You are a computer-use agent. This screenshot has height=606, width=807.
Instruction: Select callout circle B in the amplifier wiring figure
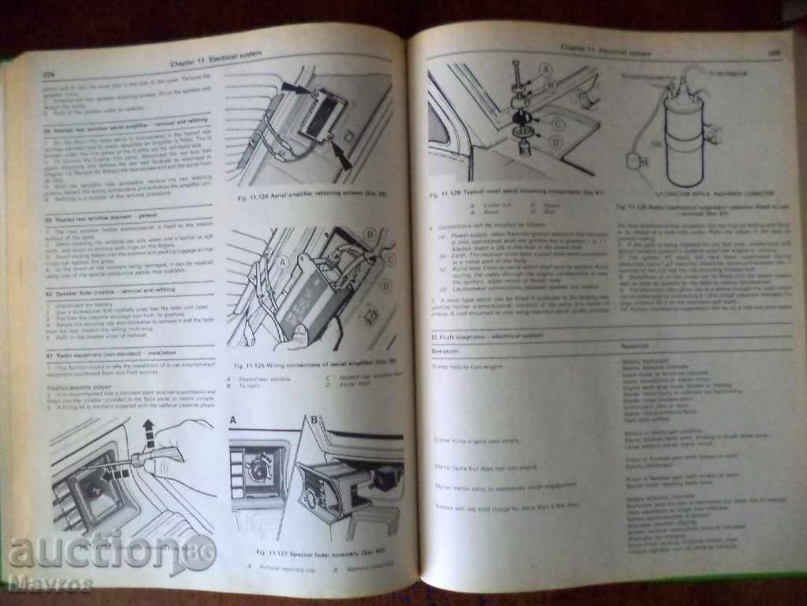369,234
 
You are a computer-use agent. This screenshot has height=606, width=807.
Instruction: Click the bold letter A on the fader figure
233,418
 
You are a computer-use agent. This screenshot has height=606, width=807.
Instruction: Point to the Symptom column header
448,347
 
